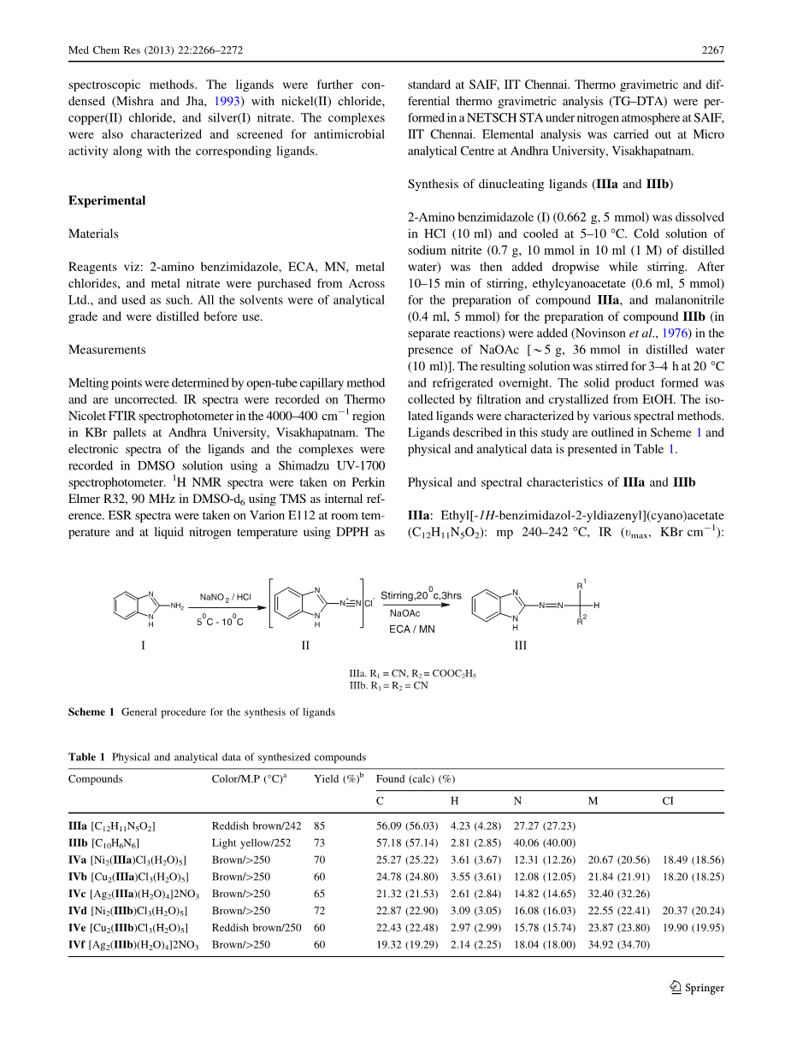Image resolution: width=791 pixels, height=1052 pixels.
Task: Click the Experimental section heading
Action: pyautogui.click(x=107, y=201)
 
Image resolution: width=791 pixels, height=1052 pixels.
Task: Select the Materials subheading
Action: pyautogui.click(x=93, y=233)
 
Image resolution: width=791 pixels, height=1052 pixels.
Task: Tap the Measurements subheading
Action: pyautogui.click(x=107, y=350)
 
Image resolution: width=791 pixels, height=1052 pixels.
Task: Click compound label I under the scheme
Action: pyautogui.click(x=143, y=646)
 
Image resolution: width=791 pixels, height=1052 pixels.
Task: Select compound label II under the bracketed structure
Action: pyautogui.click(x=306, y=646)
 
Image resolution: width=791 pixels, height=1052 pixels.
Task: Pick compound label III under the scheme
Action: pyautogui.click(x=520, y=646)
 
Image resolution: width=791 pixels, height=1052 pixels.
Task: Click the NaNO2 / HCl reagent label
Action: pyautogui.click(x=226, y=597)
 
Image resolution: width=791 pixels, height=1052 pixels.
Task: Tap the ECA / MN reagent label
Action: pyautogui.click(x=411, y=629)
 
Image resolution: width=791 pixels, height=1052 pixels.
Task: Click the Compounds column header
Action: pyautogui.click(x=96, y=779)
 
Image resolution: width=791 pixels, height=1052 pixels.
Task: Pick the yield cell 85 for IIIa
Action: pyautogui.click(x=320, y=826)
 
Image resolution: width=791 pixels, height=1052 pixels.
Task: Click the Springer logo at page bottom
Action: pyautogui.click(x=698, y=988)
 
